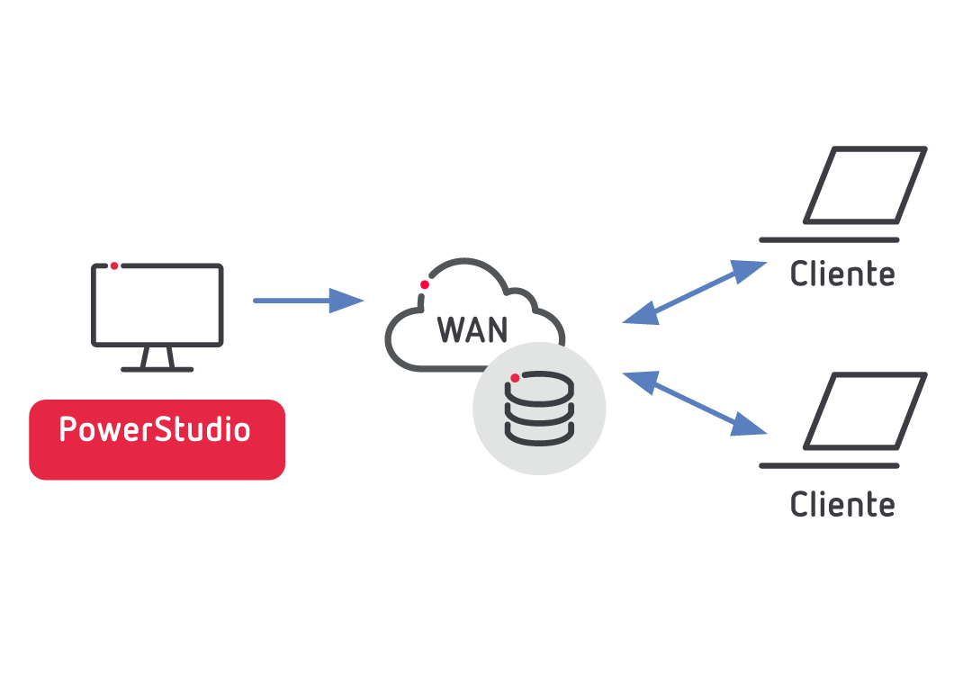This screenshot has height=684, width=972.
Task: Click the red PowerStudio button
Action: coord(157,439)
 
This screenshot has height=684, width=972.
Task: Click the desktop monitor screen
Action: coord(157,304)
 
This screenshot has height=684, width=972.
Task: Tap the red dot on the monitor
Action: coord(114,265)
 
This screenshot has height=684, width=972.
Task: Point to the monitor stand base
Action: coord(157,369)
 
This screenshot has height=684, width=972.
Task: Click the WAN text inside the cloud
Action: coord(472,330)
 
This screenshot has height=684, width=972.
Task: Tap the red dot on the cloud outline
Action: coord(425,284)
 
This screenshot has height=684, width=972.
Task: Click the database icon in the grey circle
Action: coord(539,409)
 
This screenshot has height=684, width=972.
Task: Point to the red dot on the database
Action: coord(515,378)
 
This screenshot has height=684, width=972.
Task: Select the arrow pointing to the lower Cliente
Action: coord(694,403)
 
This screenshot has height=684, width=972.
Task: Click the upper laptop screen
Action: coord(865,185)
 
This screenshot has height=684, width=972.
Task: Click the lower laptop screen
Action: coord(865,411)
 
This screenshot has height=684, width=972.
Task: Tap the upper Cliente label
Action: coord(841,274)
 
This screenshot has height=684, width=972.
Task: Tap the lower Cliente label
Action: coord(841,504)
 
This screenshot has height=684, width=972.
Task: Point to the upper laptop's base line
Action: coord(829,240)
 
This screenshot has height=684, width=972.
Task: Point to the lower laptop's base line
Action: coord(829,466)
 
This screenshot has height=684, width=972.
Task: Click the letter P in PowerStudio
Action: coord(67,429)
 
